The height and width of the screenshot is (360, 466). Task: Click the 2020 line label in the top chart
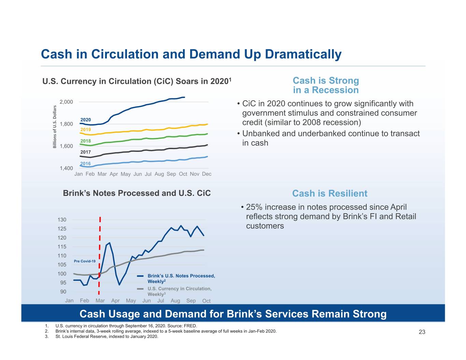(85, 119)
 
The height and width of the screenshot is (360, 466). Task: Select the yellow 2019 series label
(85, 129)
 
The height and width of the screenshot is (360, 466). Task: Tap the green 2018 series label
(85, 141)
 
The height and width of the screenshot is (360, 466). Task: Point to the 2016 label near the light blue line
(85, 163)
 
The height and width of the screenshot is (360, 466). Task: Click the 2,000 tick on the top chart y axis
(66, 102)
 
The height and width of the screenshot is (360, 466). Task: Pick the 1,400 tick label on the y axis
(66, 168)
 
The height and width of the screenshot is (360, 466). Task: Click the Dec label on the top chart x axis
(207, 174)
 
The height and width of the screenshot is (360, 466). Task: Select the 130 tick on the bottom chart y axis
(62, 220)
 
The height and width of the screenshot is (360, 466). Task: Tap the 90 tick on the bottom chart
(63, 292)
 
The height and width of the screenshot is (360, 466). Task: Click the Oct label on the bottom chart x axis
(206, 301)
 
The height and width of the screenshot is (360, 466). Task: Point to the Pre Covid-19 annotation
(84, 261)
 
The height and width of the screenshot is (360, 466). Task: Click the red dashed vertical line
(99, 256)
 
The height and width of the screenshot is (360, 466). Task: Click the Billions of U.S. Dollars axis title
(55, 127)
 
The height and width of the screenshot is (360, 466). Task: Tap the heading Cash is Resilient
(329, 193)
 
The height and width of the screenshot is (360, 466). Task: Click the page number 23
(422, 332)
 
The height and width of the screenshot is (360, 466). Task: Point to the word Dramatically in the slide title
(303, 54)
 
